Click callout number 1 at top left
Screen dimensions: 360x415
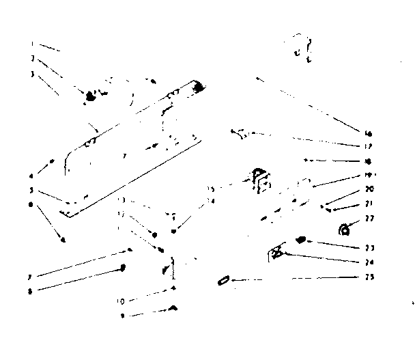(x=33, y=44)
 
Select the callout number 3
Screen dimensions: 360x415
(x=33, y=73)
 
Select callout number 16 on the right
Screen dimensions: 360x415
(x=368, y=133)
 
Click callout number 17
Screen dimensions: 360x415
(x=368, y=146)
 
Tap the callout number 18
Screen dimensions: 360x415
(x=368, y=161)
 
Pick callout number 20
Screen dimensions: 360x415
(x=368, y=189)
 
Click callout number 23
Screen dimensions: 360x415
(x=368, y=248)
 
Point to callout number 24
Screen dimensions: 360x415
(x=368, y=262)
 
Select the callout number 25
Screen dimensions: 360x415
(x=368, y=277)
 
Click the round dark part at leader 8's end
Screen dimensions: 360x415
(x=123, y=268)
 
